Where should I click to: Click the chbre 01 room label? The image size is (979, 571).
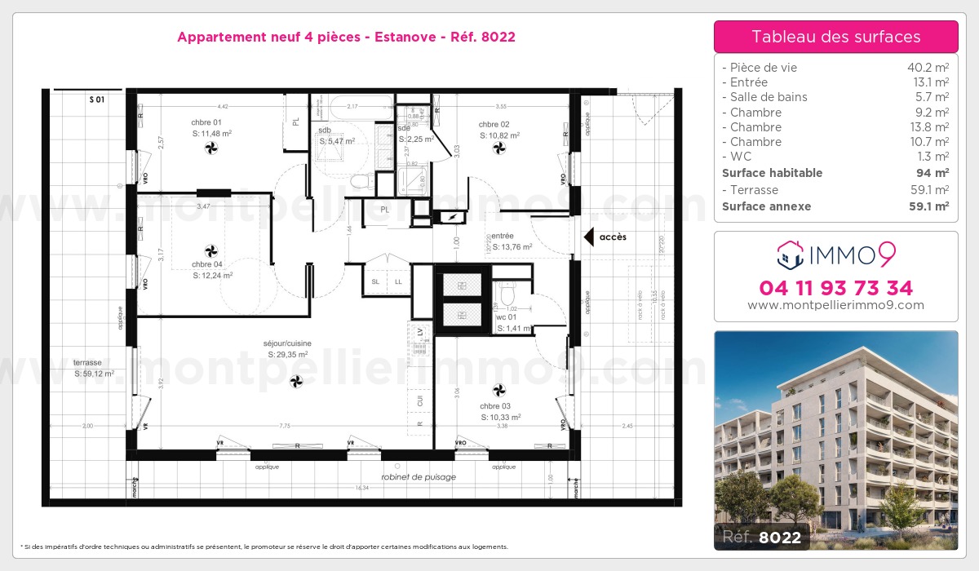[195, 123]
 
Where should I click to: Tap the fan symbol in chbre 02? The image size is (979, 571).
[499, 148]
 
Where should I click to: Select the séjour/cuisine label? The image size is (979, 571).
[287, 343]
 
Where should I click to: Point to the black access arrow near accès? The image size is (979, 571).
[587, 237]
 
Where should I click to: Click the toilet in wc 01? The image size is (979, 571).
[506, 292]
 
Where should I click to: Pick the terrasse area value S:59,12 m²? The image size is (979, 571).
[94, 374]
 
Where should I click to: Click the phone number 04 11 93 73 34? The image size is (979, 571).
[835, 288]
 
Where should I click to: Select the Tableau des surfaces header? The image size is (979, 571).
[835, 37]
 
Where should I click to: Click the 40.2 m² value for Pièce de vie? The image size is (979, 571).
[928, 68]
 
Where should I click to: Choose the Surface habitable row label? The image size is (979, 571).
[772, 173]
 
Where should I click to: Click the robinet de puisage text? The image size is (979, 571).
[418, 476]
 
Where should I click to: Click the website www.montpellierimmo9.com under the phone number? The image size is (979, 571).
[835, 305]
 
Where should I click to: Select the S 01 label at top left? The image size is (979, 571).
[97, 100]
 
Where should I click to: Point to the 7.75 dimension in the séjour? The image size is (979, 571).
[284, 426]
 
